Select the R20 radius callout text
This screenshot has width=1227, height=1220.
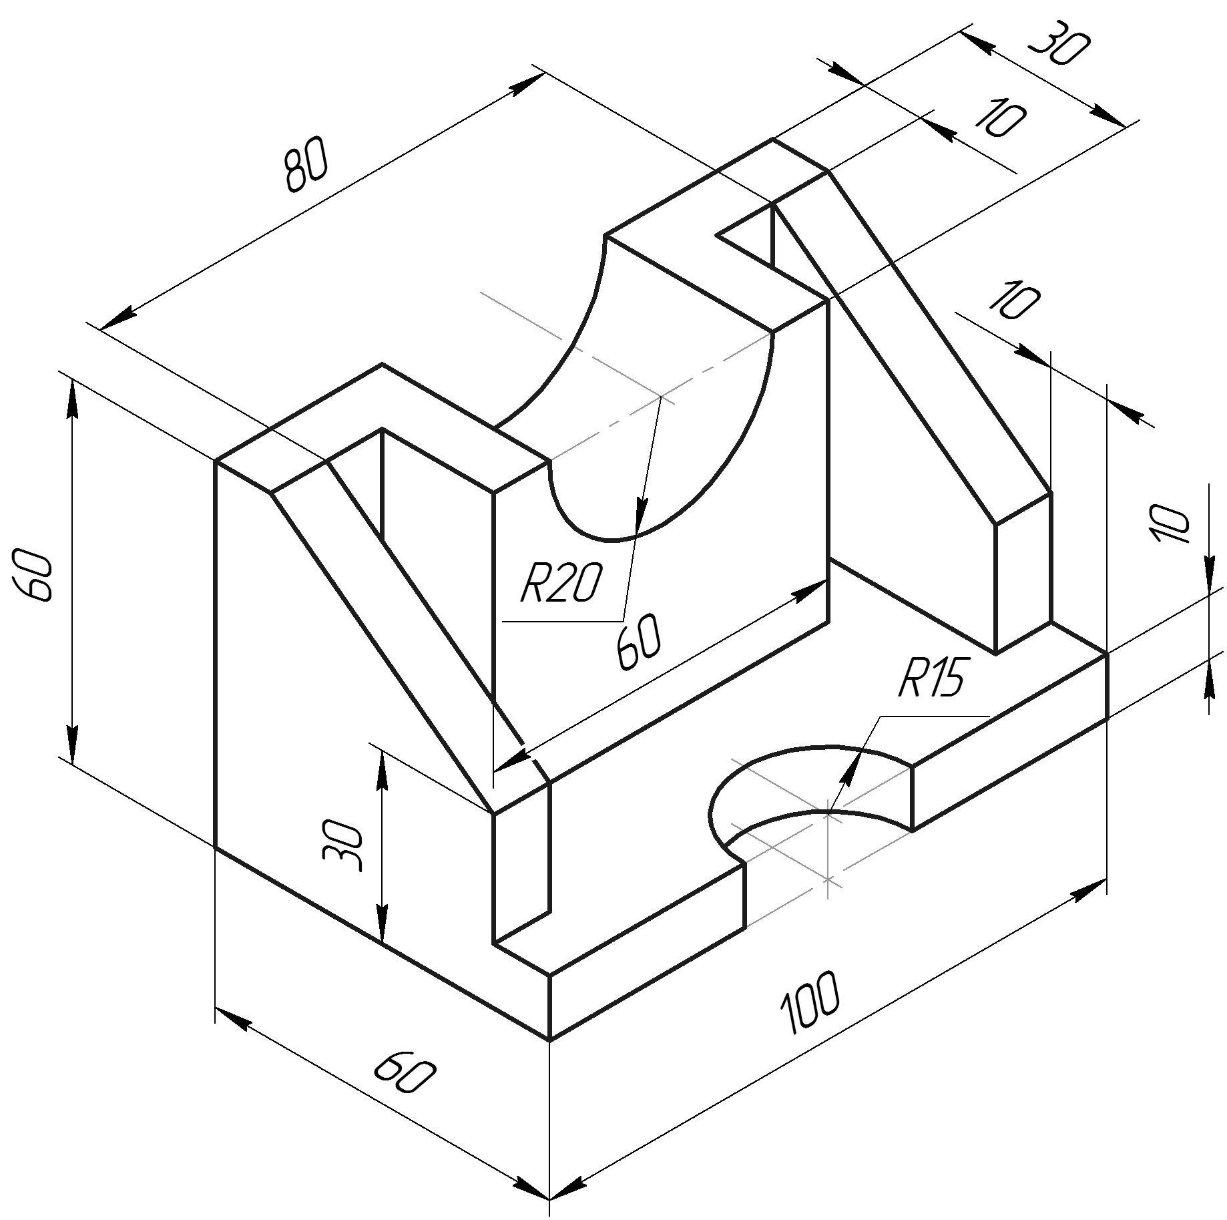[x=560, y=583]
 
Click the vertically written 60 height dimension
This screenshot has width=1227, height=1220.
[x=32, y=575]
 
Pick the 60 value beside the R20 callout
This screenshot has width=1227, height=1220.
[x=639, y=641]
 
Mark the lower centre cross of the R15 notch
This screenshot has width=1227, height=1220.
[x=828, y=879]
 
